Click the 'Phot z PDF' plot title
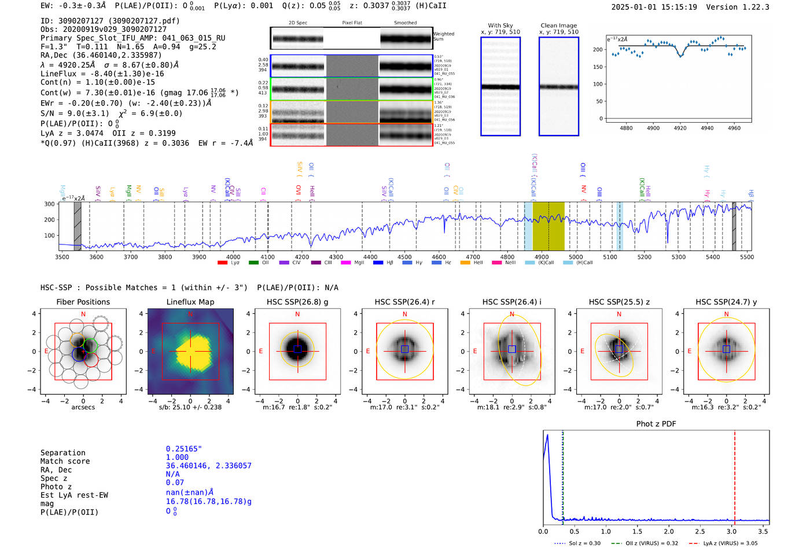click(656, 424)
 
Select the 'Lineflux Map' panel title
click(190, 302)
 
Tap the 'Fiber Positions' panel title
click(83, 302)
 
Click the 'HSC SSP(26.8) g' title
click(297, 302)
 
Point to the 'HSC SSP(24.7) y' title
click(726, 302)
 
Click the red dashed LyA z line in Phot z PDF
click(735, 475)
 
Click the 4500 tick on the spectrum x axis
click(404, 257)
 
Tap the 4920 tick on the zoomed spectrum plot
click(680, 128)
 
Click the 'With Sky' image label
click(500, 25)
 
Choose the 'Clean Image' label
click(558, 25)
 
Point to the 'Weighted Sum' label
click(444, 36)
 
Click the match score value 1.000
click(177, 458)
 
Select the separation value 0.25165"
click(184, 449)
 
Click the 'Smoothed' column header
click(405, 23)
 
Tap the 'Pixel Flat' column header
click(352, 23)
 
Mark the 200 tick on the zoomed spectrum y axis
click(598, 50)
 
